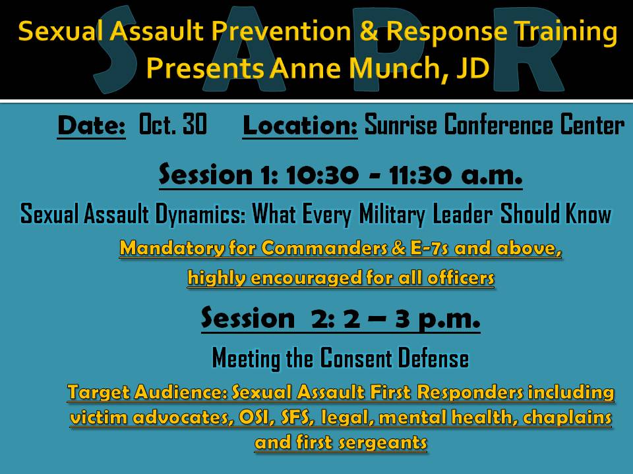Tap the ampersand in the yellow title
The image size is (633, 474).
coord(369,31)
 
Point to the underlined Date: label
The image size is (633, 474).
coord(91,126)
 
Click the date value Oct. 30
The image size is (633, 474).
coord(173,124)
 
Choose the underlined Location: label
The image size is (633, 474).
coord(300,126)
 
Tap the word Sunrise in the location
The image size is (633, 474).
coord(400,124)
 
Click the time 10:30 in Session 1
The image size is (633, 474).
coord(322,175)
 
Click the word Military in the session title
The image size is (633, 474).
coord(392,215)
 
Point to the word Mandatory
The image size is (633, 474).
coord(172,248)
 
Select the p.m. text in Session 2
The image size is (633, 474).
coord(449,319)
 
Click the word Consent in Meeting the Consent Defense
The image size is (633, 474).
coord(356,358)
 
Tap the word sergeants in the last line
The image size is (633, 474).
coord(382,442)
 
